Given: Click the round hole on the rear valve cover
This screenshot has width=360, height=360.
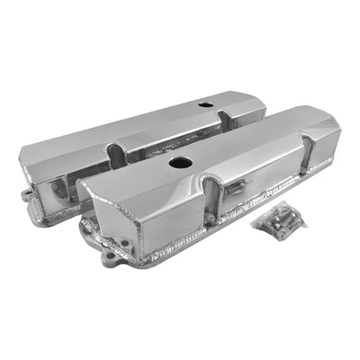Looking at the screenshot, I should pos(206,105).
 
